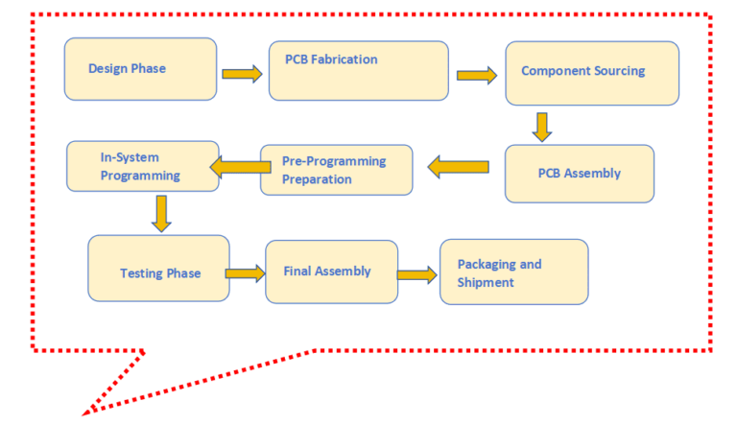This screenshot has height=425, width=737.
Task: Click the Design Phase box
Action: pos(140,69)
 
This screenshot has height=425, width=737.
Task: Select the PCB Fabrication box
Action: pos(358,70)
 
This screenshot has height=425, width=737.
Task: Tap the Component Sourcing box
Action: pos(592,73)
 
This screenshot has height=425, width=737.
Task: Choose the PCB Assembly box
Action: pos(579,174)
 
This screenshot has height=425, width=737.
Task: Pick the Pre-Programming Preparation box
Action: pos(336,170)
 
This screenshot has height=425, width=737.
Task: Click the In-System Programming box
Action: pos(142,166)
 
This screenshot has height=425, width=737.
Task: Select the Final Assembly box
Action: pos(331,272)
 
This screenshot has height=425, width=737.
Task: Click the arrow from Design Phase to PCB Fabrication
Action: pos(242,74)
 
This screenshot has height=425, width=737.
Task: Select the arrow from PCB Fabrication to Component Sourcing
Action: pos(477,75)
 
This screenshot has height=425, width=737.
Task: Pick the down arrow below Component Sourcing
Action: pos(541,127)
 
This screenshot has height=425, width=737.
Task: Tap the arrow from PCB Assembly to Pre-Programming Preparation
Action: pos(458,168)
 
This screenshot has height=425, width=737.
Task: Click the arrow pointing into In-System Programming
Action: pos(240,168)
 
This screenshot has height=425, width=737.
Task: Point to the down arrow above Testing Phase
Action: pos(161,213)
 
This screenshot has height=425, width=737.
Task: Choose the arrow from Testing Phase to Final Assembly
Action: pos(246,273)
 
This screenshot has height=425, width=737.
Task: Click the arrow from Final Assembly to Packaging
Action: pos(416,275)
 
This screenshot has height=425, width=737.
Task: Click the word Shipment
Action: pos(486,282)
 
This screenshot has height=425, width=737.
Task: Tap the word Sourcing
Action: pos(619,71)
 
